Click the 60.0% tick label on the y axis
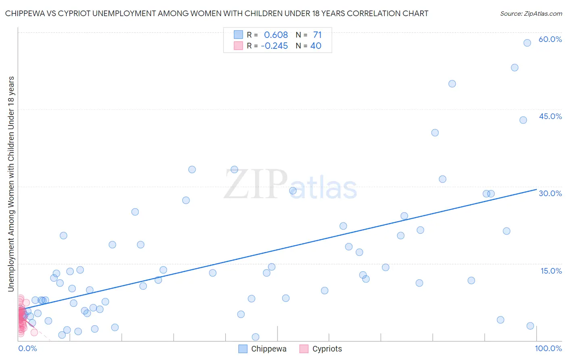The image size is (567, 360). click(x=550, y=39)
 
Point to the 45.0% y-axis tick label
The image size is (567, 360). click(x=550, y=116)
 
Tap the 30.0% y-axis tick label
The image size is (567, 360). click(x=550, y=193)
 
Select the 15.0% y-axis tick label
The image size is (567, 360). click(x=551, y=271)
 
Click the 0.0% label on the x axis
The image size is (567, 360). click(x=27, y=348)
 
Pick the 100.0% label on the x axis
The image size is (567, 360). click(x=548, y=348)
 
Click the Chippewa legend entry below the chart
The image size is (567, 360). click(x=263, y=349)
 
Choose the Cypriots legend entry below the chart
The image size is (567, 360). click(x=321, y=349)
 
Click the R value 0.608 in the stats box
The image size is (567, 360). click(x=276, y=35)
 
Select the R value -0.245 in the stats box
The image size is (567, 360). click(x=274, y=46)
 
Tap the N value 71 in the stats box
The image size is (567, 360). click(x=317, y=35)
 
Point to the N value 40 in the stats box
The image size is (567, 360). click(x=316, y=46)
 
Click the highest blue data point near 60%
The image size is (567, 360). click(x=527, y=43)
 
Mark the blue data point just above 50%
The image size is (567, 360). click(x=452, y=84)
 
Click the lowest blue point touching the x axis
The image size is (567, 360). click(x=255, y=337)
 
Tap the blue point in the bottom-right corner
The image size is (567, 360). click(x=530, y=326)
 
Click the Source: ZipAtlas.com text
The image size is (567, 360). click(x=531, y=14)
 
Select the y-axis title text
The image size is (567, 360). click(x=11, y=184)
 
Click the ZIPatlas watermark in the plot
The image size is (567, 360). click(x=290, y=184)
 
